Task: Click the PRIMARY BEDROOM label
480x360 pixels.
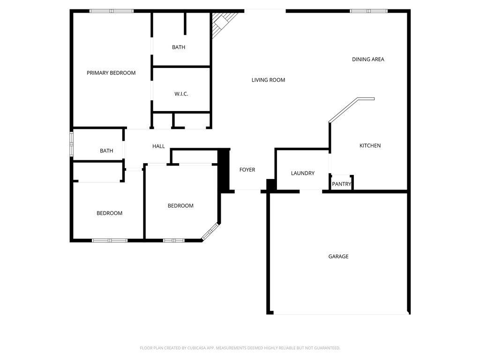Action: [111, 73]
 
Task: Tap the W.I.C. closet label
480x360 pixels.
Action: [181, 94]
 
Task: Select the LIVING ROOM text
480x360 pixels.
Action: [268, 80]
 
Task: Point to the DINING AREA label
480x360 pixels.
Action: [368, 60]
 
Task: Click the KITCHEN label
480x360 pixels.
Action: [370, 146]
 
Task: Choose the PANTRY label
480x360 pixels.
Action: [342, 184]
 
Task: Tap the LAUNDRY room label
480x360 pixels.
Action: [303, 173]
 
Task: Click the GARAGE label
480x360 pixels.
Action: [338, 256]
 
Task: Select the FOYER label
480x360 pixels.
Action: [247, 170]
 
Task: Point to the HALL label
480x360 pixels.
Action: [158, 146]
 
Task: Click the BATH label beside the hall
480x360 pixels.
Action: [106, 150]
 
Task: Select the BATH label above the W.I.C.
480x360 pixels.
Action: [179, 47]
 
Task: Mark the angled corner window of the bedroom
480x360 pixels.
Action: [210, 232]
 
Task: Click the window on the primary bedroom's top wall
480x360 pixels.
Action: [112, 11]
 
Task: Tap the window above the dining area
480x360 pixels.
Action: [368, 11]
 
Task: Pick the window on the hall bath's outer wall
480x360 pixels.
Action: [72, 144]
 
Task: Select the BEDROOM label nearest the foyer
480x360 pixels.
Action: [180, 206]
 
